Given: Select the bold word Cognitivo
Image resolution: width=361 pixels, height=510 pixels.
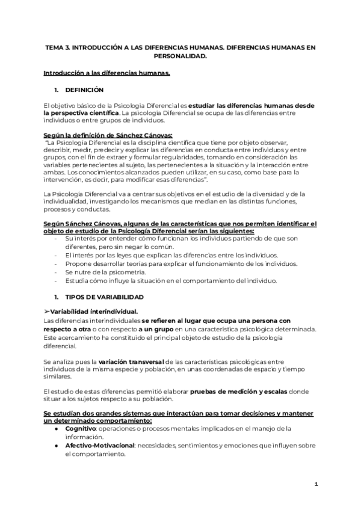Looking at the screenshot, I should [x=82, y=429].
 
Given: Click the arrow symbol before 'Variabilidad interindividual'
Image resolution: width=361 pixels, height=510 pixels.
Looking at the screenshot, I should [x=46, y=311].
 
